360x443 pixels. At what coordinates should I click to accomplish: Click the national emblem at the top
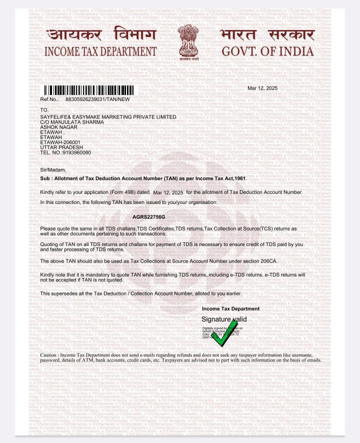pos(188,41)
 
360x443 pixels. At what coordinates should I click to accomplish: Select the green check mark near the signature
pos(223,333)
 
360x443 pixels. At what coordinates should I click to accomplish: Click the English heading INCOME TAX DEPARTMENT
pos(100,51)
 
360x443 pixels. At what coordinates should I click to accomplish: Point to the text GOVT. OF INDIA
pos(268,51)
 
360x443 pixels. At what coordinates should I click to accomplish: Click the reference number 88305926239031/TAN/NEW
pos(97,99)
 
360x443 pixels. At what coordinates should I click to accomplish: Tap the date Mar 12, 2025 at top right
pos(262,88)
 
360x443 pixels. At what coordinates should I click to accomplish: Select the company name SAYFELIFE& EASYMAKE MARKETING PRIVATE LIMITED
pos(108,117)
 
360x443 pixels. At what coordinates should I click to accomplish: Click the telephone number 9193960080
pos(76,152)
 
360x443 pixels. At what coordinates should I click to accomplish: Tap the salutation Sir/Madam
pos(52,170)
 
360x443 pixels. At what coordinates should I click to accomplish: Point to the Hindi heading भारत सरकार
pos(267,35)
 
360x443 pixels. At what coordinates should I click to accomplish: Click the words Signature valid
pos(224,319)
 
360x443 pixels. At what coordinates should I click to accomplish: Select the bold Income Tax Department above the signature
pos(230,309)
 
